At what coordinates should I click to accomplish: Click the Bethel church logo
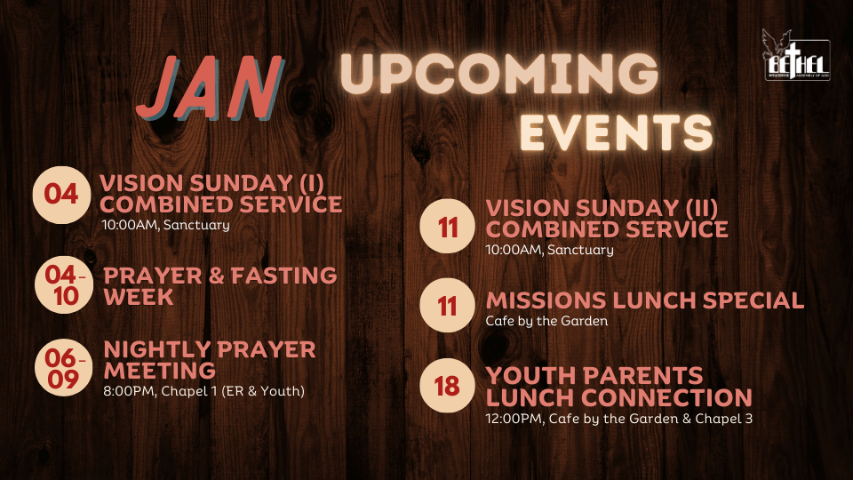(x=796, y=55)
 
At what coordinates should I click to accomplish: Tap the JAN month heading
(x=210, y=87)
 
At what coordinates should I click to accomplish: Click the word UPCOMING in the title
(x=499, y=73)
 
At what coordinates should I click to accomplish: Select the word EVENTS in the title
(x=617, y=132)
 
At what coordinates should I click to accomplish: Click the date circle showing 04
(x=61, y=195)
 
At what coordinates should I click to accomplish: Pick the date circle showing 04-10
(x=64, y=284)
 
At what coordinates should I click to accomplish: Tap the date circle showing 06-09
(x=64, y=368)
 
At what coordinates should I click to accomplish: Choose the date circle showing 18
(x=447, y=385)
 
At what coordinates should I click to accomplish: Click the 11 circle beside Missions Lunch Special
(x=447, y=305)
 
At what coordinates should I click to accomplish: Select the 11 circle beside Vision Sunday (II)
(x=447, y=226)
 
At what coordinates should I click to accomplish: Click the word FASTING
(x=284, y=276)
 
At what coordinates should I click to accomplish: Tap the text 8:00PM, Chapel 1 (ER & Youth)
(x=204, y=391)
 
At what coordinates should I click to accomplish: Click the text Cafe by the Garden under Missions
(x=546, y=321)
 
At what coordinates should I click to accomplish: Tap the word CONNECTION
(x=667, y=397)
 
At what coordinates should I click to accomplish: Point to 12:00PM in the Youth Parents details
(x=514, y=419)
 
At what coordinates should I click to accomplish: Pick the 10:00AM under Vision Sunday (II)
(x=514, y=250)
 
